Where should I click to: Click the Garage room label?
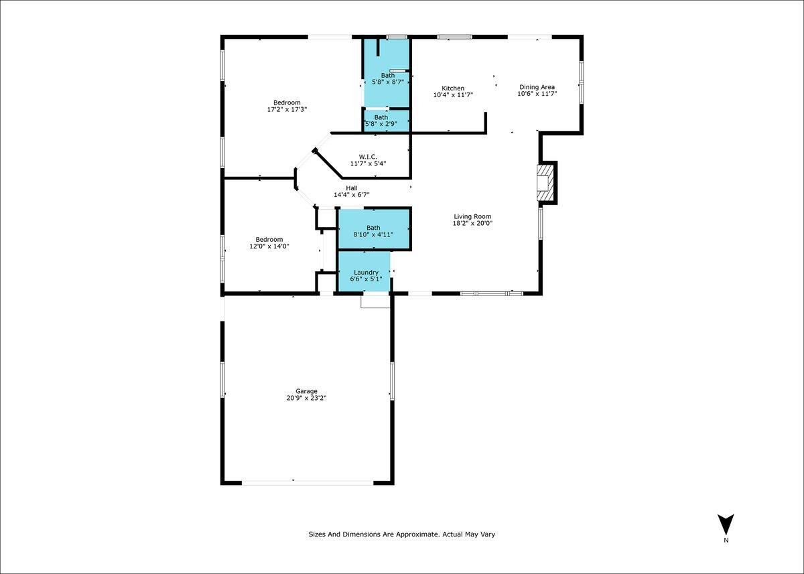click(306, 391)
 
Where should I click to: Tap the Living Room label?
click(472, 216)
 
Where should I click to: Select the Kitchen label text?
click(453, 88)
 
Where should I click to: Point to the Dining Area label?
click(537, 87)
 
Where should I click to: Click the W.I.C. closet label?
click(368, 157)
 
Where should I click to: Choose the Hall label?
click(352, 188)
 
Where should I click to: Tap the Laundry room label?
click(366, 273)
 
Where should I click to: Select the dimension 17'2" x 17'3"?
click(287, 109)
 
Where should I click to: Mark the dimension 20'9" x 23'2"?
click(306, 398)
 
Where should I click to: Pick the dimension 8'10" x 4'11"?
click(373, 234)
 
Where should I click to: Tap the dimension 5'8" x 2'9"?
click(385, 124)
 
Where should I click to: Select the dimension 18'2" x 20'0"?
click(472, 224)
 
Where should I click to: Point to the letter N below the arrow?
click(726, 540)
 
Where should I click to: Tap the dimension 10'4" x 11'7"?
click(453, 95)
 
